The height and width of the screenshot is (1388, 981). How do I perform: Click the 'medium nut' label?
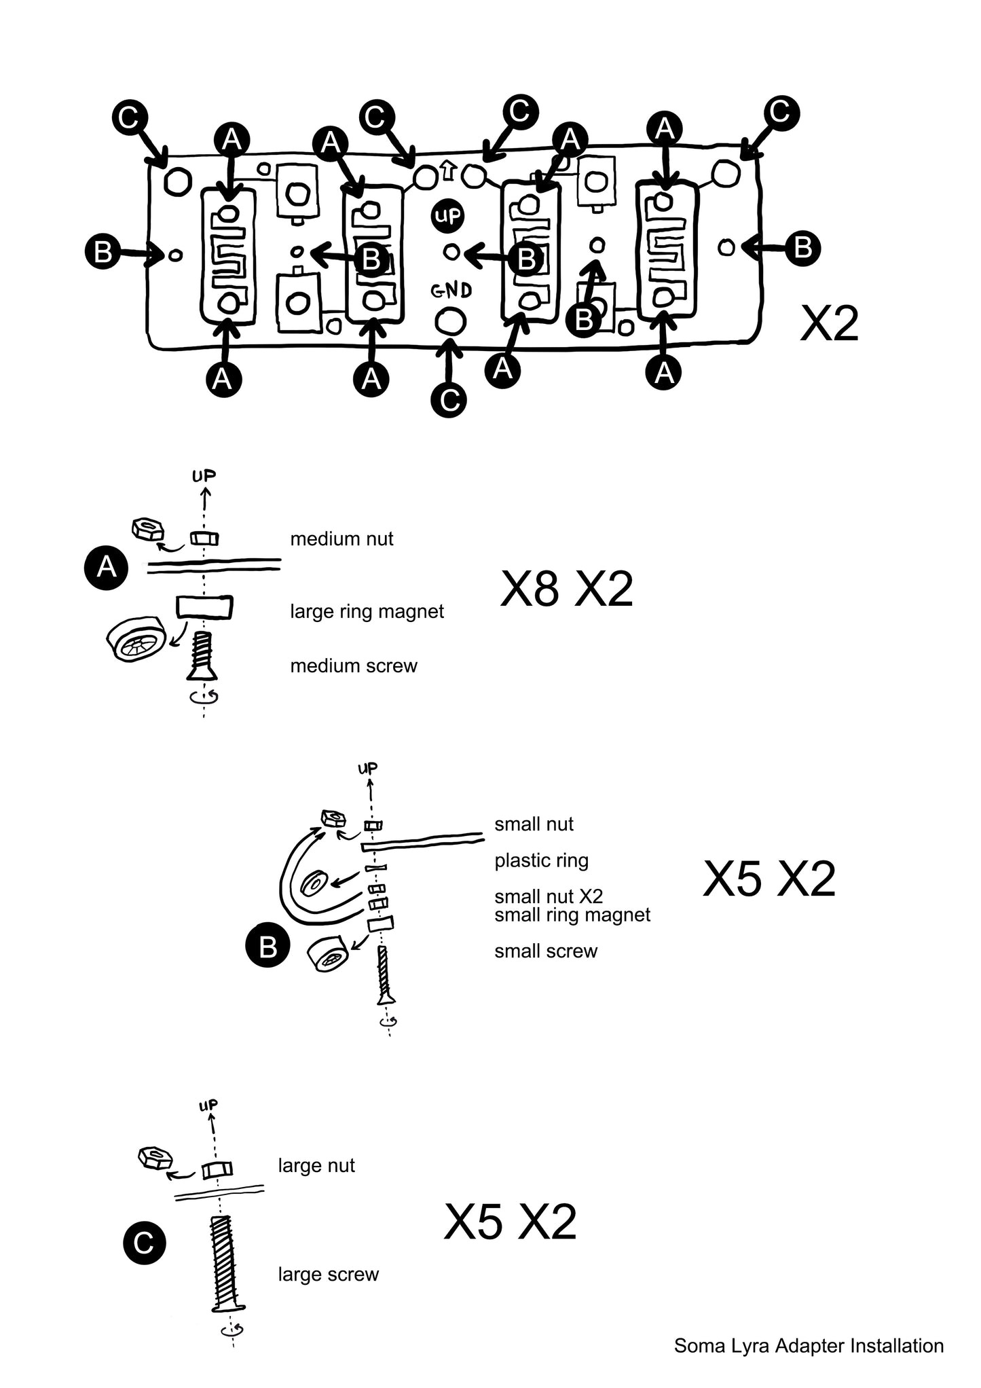pyautogui.click(x=341, y=539)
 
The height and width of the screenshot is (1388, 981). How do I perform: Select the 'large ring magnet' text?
pyautogui.click(x=367, y=612)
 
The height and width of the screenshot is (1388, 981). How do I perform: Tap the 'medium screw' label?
pyautogui.click(x=354, y=665)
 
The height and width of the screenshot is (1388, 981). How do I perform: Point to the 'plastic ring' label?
pyautogui.click(x=542, y=861)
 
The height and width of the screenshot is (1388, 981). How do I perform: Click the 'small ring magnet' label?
pyautogui.click(x=572, y=915)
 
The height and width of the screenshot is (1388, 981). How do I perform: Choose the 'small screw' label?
pyautogui.click(x=546, y=951)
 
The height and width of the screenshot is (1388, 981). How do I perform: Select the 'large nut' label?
pyautogui.click(x=316, y=1166)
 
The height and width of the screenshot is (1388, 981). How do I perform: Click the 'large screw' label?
pyautogui.click(x=329, y=1275)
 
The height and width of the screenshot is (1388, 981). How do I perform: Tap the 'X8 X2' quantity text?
pyautogui.click(x=566, y=589)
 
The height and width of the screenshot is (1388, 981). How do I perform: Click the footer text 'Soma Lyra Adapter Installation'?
pyautogui.click(x=809, y=1346)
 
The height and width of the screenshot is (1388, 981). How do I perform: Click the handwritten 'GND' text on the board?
pyautogui.click(x=452, y=291)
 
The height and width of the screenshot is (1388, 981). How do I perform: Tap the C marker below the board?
pyautogui.click(x=449, y=401)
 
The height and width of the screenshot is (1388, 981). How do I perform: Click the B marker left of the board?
pyautogui.click(x=103, y=252)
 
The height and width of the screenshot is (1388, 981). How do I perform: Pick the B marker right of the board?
pyautogui.click(x=803, y=248)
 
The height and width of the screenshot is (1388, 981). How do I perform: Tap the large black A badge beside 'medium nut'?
pyautogui.click(x=107, y=566)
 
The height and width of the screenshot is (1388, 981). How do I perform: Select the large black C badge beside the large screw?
pyautogui.click(x=144, y=1243)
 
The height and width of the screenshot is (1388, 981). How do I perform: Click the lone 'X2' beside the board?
pyautogui.click(x=829, y=324)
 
